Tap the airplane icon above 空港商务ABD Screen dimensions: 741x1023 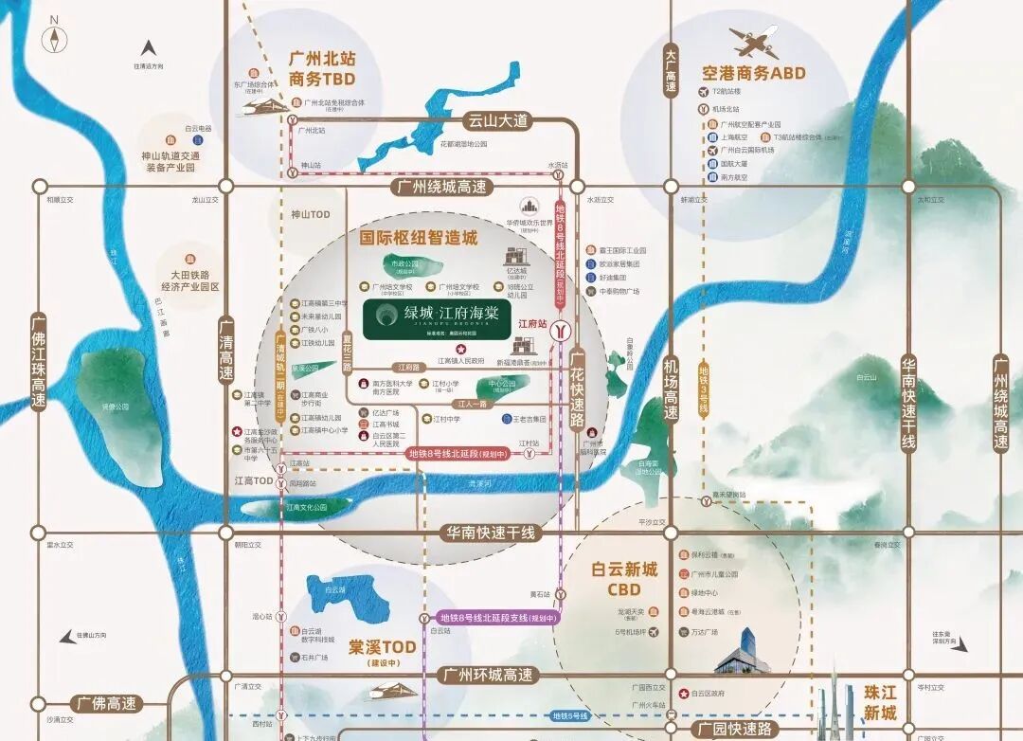pos(753,42)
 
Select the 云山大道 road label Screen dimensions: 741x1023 pos(495,120)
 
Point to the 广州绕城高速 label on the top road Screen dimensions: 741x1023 pos(442,187)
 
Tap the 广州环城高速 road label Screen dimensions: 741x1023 pos(488,675)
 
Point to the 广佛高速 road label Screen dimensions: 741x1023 pos(106,704)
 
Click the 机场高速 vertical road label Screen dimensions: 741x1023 pos(671,389)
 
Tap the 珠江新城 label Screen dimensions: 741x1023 pos(880,702)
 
